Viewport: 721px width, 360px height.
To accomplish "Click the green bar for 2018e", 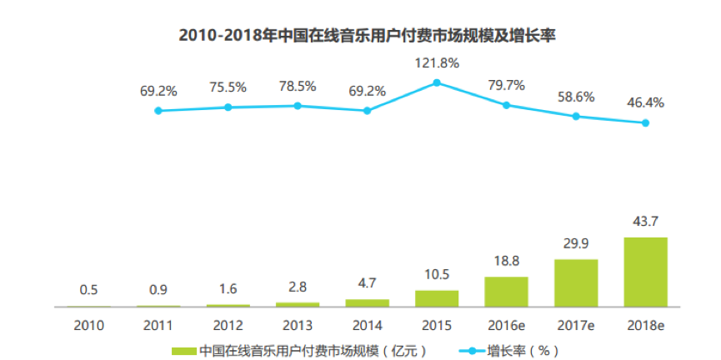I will (645, 272).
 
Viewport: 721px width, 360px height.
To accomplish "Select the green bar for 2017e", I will (575, 282).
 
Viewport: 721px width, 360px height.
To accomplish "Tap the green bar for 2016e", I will (506, 292).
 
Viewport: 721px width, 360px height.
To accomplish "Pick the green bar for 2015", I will (436, 298).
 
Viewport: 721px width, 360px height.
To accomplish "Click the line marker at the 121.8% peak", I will (436, 82).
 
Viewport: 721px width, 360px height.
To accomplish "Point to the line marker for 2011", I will (158, 110).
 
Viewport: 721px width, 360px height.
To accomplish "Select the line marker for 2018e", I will (645, 123).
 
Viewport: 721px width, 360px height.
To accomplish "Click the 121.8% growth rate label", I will (438, 62).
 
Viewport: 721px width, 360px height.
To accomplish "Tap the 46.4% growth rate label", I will (645, 102).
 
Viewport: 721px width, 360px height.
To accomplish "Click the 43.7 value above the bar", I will (645, 223).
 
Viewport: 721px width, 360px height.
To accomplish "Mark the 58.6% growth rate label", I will (575, 97).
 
